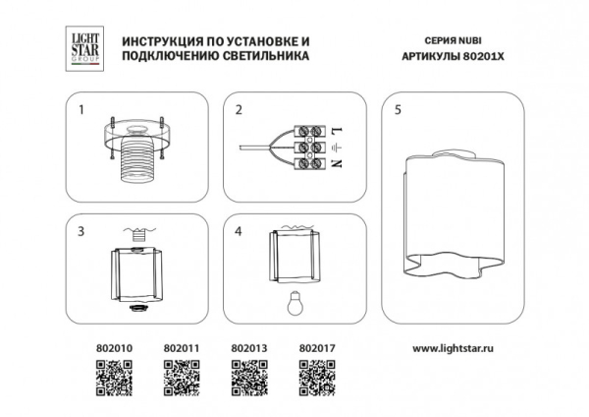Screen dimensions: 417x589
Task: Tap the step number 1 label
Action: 82,110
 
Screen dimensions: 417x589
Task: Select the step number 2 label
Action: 238,110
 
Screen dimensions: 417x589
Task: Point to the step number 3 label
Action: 82,232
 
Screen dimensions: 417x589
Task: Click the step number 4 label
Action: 238,232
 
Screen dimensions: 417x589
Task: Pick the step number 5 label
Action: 397,110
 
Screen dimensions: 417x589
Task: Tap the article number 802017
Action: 314,347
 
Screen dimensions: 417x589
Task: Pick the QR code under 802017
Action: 314,377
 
